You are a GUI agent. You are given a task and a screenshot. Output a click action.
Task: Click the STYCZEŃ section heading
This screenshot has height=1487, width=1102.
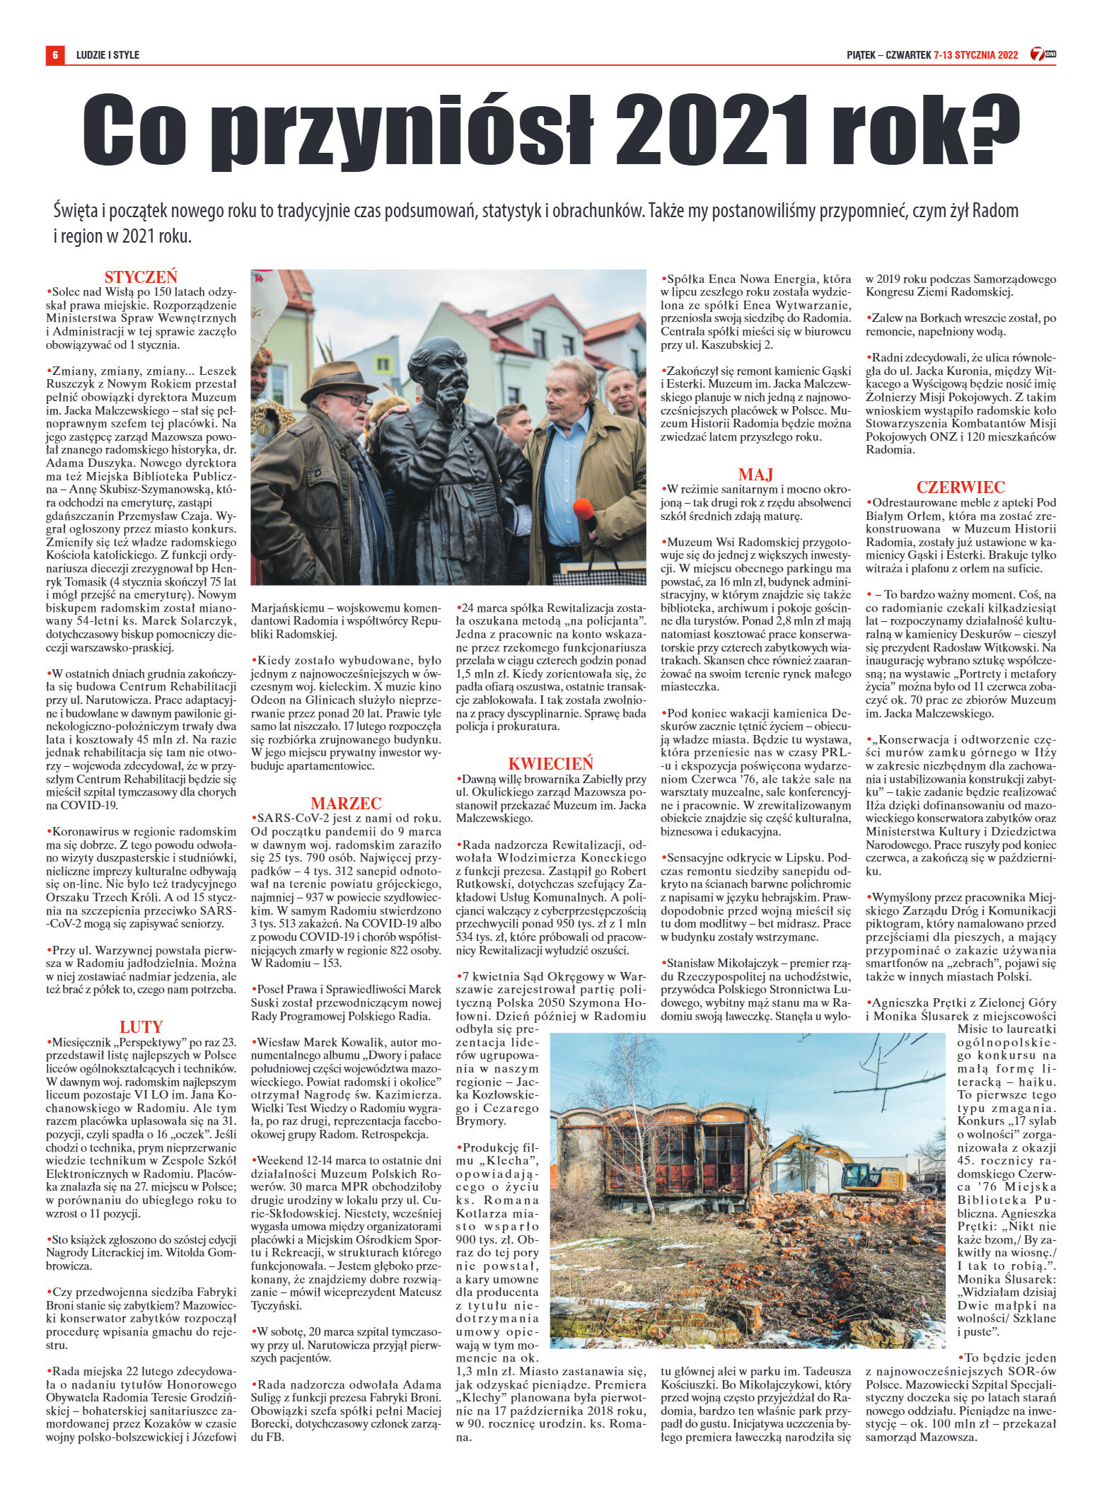point(141,277)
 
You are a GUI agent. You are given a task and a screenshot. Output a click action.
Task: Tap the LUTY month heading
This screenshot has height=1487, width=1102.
point(141,1026)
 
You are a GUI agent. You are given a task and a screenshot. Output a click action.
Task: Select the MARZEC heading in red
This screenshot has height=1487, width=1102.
point(347,802)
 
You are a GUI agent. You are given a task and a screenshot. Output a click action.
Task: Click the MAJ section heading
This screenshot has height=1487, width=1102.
point(755,473)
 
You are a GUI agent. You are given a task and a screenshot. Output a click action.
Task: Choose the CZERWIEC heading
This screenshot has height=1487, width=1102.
point(961,487)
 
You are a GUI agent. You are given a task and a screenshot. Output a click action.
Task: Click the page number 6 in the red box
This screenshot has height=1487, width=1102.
point(54,54)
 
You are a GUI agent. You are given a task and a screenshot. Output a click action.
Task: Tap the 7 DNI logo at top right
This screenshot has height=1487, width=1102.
point(1040,54)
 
